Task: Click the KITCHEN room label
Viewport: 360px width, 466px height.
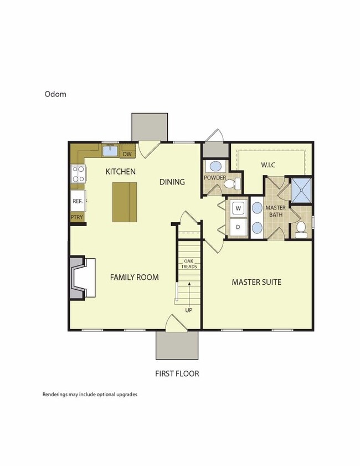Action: [120, 172]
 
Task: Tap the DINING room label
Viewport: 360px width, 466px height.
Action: [172, 182]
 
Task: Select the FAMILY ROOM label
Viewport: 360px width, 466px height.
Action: [134, 277]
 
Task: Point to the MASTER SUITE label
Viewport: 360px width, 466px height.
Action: [256, 282]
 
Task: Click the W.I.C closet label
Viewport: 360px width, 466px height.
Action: [269, 165]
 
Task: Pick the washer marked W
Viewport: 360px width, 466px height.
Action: [238, 208]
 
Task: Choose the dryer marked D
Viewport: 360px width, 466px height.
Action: [238, 227]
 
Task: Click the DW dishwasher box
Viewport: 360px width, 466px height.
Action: [127, 154]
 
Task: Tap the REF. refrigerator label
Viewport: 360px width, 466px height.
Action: [77, 201]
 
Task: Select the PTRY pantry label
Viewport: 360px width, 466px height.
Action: [76, 217]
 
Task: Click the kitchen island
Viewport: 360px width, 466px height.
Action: [124, 202]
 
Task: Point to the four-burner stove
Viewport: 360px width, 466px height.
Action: [77, 175]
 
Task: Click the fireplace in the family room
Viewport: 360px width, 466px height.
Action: [80, 278]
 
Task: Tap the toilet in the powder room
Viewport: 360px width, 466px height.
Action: [236, 184]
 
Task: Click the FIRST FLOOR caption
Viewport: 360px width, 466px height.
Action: [177, 373]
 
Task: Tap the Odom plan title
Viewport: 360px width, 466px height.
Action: [55, 94]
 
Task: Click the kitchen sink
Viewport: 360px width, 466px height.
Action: [110, 150]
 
